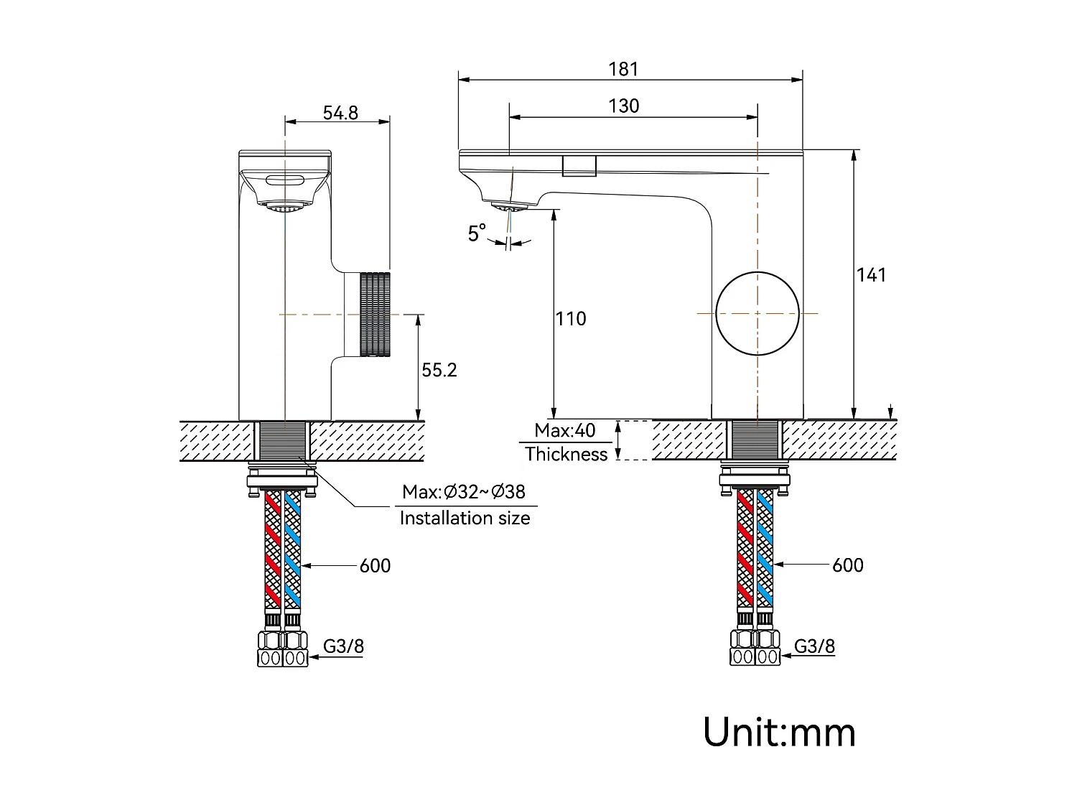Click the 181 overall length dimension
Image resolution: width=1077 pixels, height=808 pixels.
[x=623, y=69]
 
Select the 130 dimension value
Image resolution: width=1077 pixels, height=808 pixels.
[x=623, y=106]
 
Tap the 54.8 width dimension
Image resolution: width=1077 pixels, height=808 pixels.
[x=340, y=113]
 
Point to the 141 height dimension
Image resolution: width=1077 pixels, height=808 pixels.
[x=871, y=275]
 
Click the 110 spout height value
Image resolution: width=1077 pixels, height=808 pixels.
[x=571, y=318]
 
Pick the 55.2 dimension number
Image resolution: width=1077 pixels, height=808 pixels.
[x=439, y=370]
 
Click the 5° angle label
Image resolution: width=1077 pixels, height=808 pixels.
[x=477, y=233]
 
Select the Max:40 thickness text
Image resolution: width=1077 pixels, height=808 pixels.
[x=565, y=430]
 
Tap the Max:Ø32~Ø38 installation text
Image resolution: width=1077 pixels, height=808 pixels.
[x=464, y=492]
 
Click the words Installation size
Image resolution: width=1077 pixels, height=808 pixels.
[x=465, y=518]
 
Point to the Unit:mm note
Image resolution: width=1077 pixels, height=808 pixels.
[x=779, y=733]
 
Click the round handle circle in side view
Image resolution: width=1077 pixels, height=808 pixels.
[x=757, y=313]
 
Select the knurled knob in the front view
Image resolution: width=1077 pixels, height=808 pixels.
[x=374, y=314]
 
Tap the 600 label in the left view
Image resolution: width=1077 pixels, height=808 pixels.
[x=375, y=566]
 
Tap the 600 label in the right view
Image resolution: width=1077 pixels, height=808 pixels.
[x=847, y=565]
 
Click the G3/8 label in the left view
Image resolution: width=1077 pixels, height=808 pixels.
[x=343, y=646]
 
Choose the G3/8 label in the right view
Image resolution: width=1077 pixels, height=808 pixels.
[x=814, y=646]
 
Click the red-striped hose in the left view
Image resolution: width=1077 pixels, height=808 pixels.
[x=274, y=549]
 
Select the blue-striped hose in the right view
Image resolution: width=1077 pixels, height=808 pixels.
[x=766, y=549]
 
